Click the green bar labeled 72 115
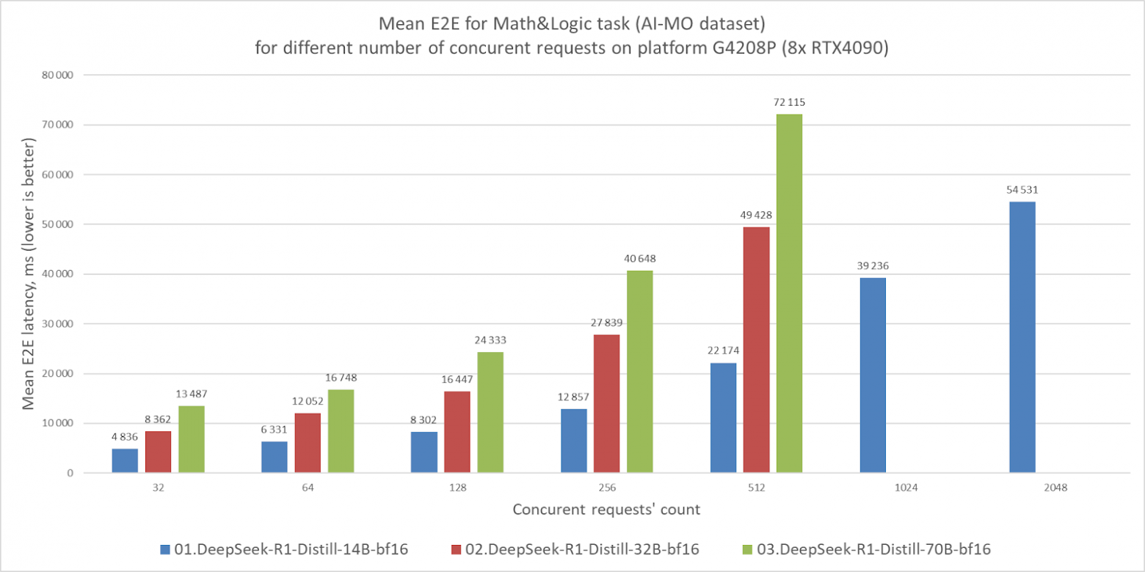(790, 293)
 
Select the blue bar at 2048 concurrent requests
(1022, 337)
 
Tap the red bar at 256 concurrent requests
(606, 404)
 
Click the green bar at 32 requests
(191, 439)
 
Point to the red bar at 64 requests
(308, 443)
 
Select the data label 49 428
(756, 215)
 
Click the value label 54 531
(1022, 190)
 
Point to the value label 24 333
(490, 340)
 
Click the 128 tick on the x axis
(457, 487)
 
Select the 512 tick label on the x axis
(756, 487)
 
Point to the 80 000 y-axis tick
(59, 75)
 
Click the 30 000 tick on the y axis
(59, 324)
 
